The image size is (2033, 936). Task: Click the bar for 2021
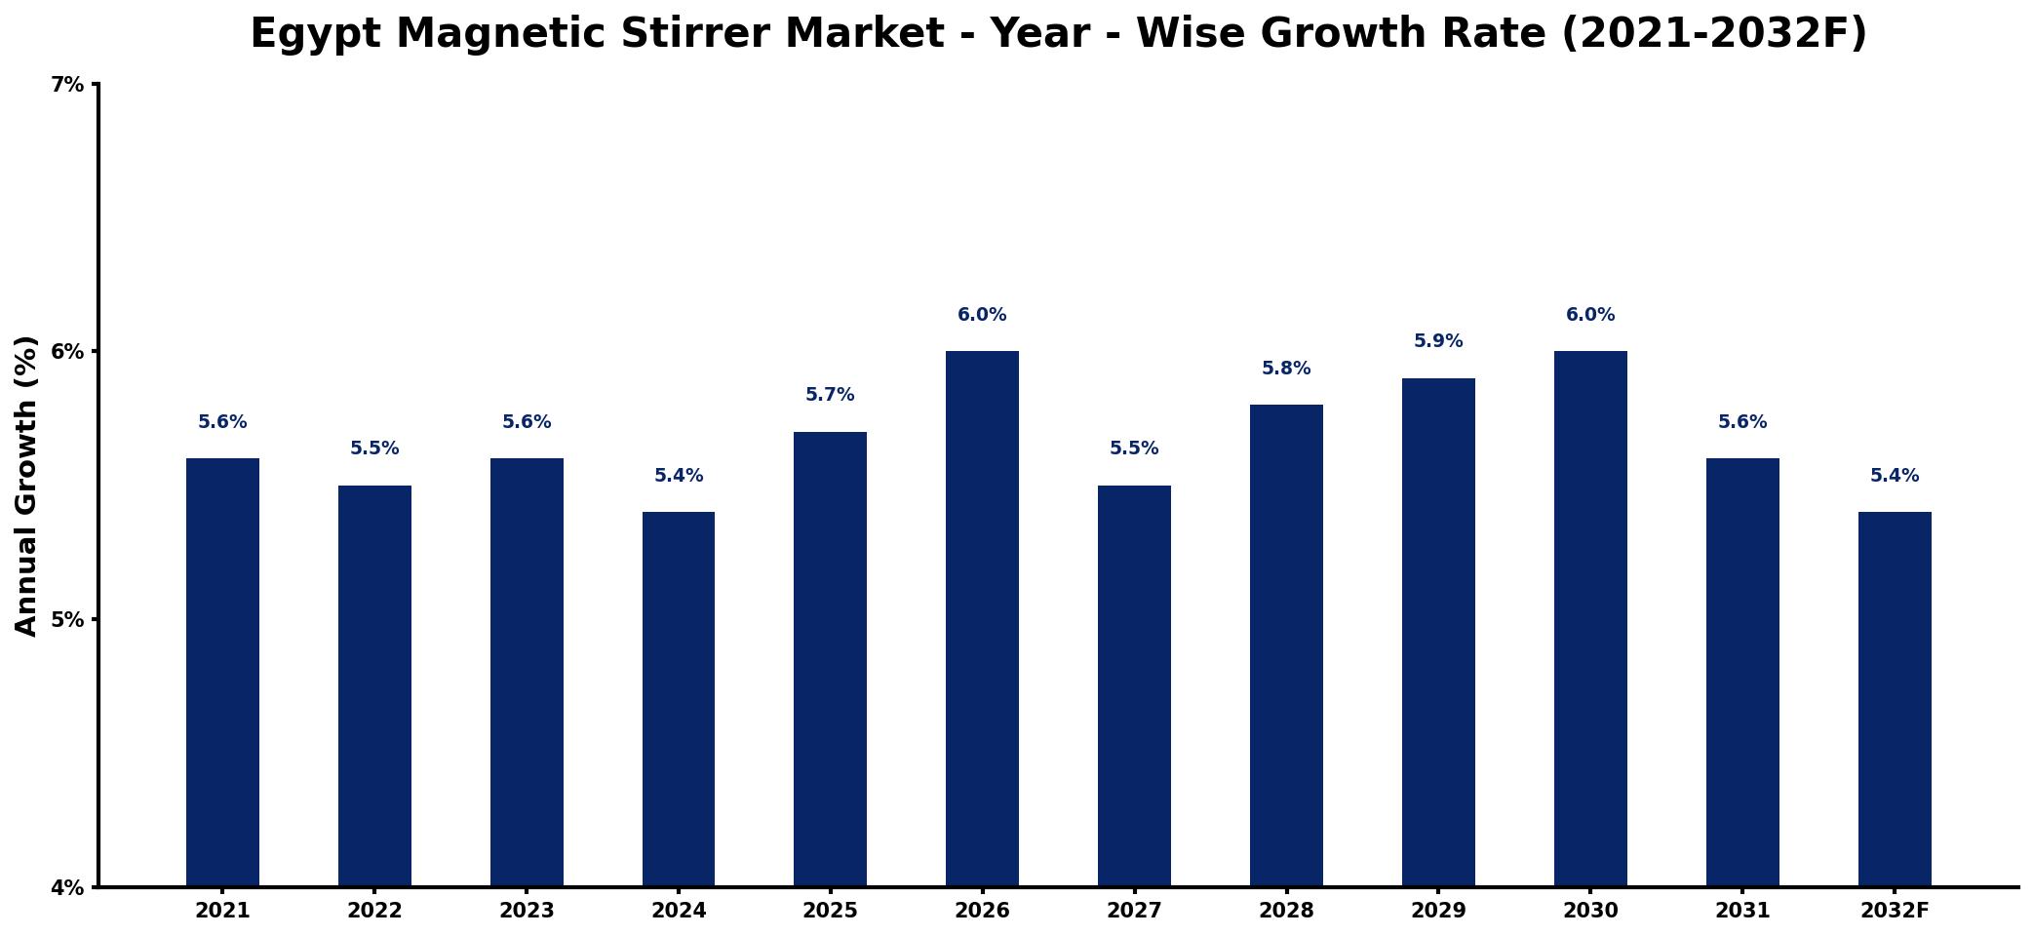(222, 672)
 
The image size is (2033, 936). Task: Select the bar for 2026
(982, 618)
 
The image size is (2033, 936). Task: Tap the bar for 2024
(679, 699)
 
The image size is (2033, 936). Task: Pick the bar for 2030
(1590, 618)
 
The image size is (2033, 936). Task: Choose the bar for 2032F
(1895, 699)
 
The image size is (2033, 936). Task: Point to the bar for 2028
(1286, 645)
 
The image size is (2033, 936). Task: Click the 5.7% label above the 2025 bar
(830, 395)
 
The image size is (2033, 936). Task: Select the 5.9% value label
(1438, 341)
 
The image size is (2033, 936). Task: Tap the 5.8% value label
(1286, 369)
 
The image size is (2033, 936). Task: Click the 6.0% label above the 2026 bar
(982, 315)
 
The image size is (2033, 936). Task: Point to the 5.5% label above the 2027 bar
(1134, 448)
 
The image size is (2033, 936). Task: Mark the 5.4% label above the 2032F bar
(1895, 476)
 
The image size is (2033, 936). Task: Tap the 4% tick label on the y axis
(67, 888)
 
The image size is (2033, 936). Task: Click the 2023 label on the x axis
(527, 911)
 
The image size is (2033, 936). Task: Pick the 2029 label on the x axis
(1438, 911)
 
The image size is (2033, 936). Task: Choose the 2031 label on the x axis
(1742, 911)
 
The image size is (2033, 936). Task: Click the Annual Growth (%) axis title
(26, 486)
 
